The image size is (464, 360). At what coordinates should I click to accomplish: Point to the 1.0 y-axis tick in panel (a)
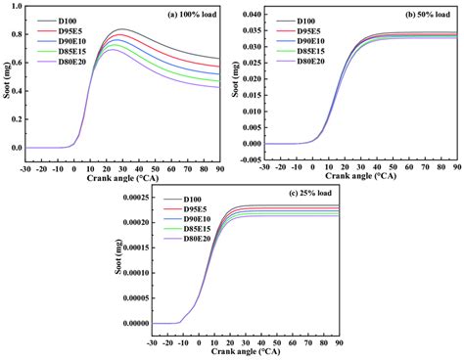click(x=19, y=6)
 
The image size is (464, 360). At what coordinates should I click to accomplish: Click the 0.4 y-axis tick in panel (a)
click(x=19, y=91)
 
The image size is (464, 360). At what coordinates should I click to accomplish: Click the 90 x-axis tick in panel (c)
click(x=338, y=343)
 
